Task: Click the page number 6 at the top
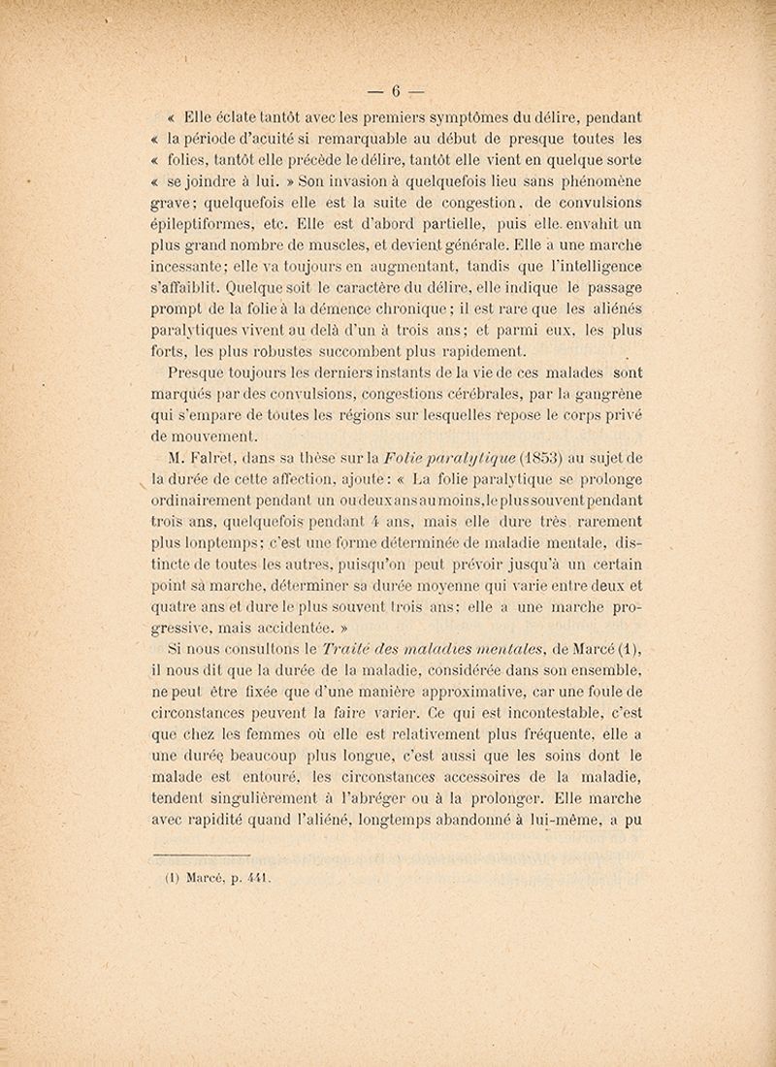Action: [396, 93]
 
